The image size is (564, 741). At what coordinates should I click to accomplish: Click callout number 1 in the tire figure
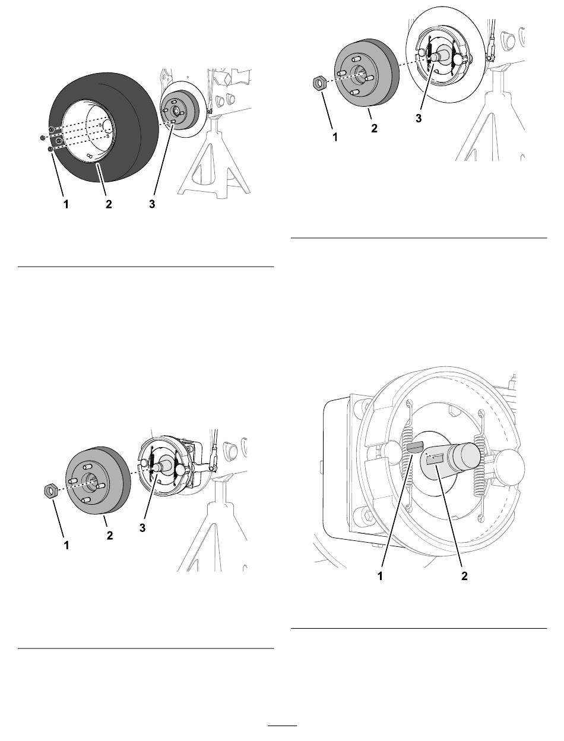click(x=66, y=204)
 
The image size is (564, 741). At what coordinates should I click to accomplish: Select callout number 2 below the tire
click(x=109, y=204)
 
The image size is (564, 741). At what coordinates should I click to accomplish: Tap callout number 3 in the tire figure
click(x=152, y=204)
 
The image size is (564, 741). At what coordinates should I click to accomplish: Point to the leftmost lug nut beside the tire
click(x=43, y=137)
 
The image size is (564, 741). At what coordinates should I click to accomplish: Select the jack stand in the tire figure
click(x=214, y=162)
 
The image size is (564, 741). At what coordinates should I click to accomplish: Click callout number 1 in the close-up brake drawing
click(x=380, y=575)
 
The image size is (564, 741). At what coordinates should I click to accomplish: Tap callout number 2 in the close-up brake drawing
click(x=464, y=575)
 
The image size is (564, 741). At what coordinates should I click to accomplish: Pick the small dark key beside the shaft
click(x=414, y=448)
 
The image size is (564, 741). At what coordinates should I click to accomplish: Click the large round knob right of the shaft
click(x=510, y=467)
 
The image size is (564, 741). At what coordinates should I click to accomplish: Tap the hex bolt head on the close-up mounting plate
click(x=367, y=515)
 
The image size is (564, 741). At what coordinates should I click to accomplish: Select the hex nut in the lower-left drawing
click(x=51, y=491)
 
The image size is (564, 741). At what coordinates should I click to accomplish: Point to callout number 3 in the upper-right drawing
click(x=419, y=119)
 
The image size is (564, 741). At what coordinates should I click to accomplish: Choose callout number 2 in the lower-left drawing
click(x=110, y=535)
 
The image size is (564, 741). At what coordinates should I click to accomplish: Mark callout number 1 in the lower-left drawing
click(x=66, y=545)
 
